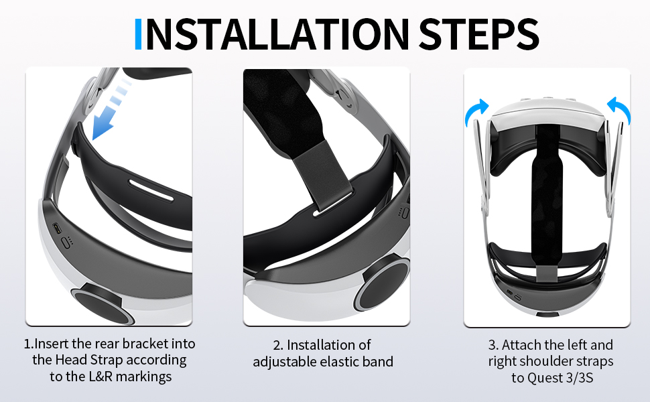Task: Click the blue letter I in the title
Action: pos(139,34)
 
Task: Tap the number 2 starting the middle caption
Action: pos(277,345)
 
